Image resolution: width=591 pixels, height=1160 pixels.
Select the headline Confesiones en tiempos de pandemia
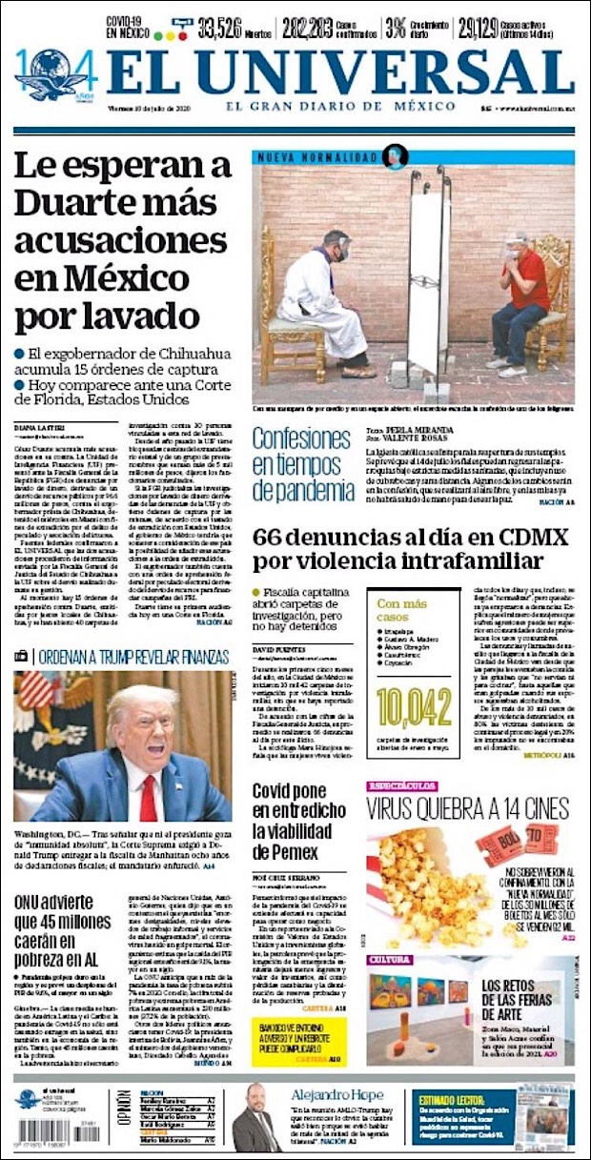point(303,464)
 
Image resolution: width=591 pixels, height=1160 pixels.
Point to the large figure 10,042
point(414,708)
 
